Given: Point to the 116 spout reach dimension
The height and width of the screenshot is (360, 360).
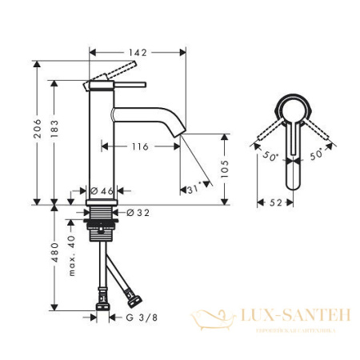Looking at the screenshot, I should pyautogui.click(x=141, y=147).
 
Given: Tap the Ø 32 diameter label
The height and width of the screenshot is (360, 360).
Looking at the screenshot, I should pyautogui.click(x=138, y=212).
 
